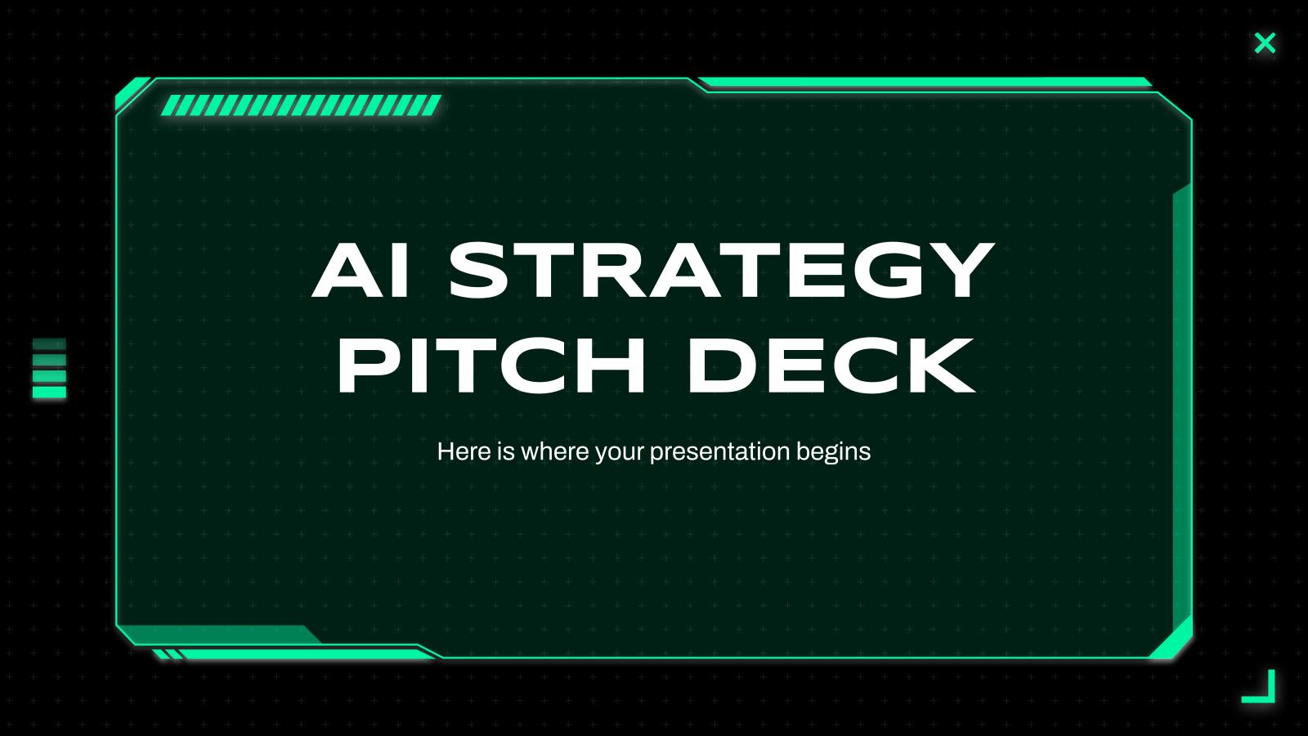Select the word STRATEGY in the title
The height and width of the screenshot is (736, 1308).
722,271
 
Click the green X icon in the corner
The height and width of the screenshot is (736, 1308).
1265,43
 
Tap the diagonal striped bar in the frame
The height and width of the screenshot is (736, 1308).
301,105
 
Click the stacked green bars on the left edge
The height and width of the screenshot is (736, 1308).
49,368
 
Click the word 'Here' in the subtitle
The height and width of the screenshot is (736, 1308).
464,451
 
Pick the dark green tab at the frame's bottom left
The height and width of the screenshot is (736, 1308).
221,635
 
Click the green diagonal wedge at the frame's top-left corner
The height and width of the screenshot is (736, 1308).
132,92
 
